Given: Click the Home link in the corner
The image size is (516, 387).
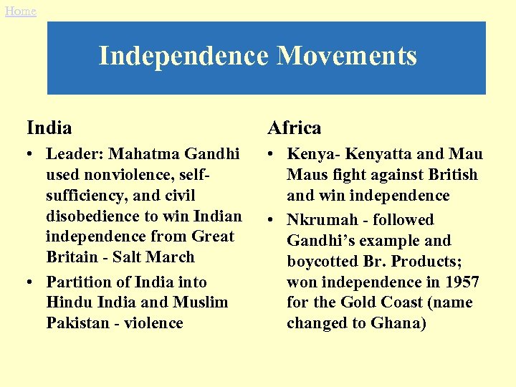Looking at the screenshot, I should pyautogui.click(x=20, y=11).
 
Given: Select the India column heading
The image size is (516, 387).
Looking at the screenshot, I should pyautogui.click(x=49, y=128).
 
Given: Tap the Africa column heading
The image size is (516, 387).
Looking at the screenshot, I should pyautogui.click(x=294, y=128).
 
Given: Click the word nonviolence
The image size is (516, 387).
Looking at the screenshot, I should pyautogui.click(x=133, y=175).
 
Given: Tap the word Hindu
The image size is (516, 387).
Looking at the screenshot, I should pyautogui.click(x=68, y=302).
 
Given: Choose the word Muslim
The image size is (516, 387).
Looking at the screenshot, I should pyautogui.click(x=200, y=302).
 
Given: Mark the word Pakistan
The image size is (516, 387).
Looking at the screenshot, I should pyautogui.click(x=77, y=323).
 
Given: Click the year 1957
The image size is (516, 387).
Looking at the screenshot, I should pyautogui.click(x=462, y=282).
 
